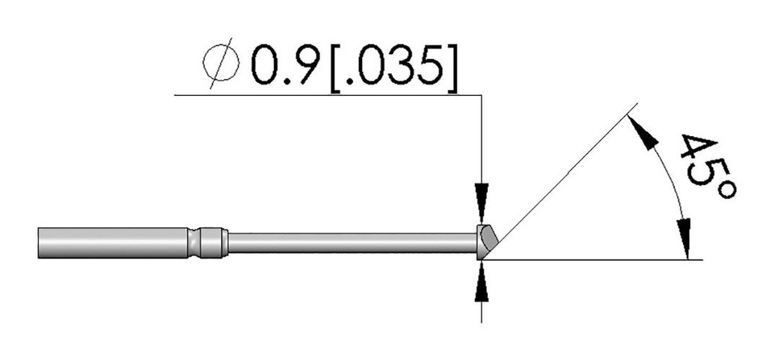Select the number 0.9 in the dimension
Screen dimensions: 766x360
(287, 65)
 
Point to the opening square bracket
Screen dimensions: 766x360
(336, 68)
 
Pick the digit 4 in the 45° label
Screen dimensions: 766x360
(698, 148)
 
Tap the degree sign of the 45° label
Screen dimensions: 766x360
(726, 189)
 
